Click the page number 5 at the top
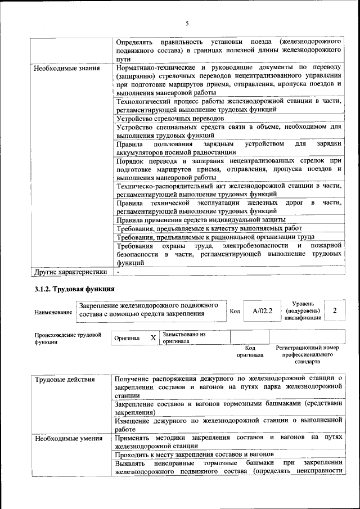pos(187,23)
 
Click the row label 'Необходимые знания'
pos(66,69)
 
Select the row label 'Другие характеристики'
pos(70,272)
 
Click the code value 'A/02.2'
pos(263,310)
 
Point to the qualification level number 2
pos(335,310)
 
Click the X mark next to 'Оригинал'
pos(153,338)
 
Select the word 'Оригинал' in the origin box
pos(127,339)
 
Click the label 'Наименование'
pos(53,312)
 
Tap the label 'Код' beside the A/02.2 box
pos(235,310)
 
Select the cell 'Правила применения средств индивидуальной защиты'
pos(200,219)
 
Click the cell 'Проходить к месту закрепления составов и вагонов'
pos(194,454)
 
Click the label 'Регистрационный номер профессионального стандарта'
pos(307,355)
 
